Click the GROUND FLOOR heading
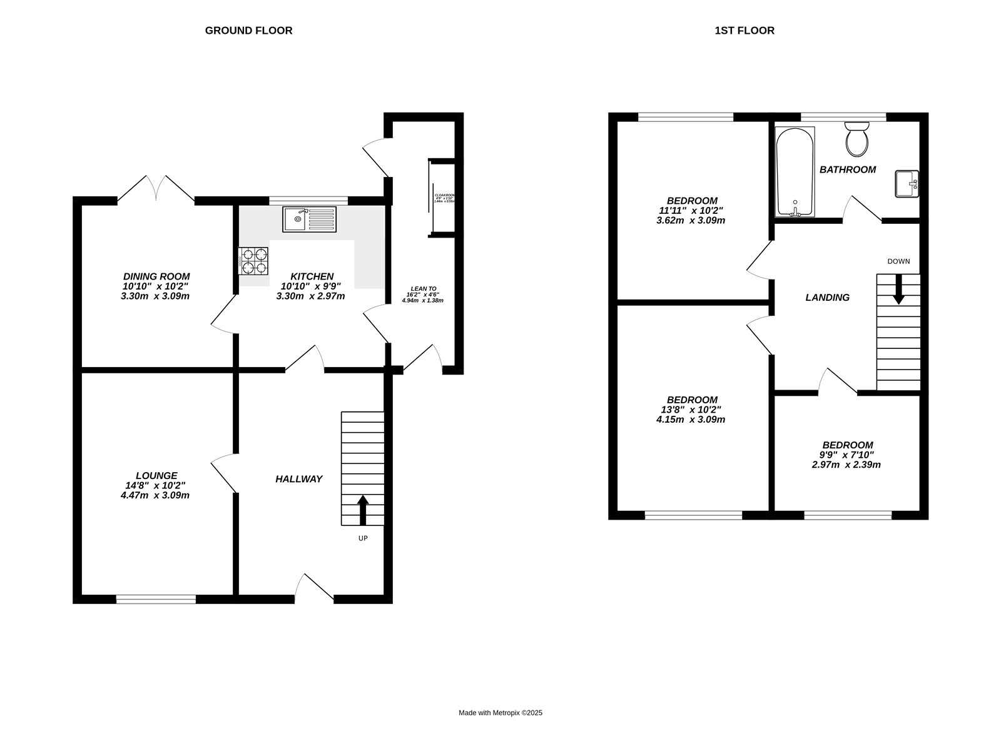pos(248,30)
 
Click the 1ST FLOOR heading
pos(744,30)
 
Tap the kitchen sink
pos(309,219)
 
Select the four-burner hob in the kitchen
pos(253,261)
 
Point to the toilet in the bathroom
pos(856,139)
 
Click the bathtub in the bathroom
pos(795,172)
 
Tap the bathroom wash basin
pos(907,183)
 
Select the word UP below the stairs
pos(363,538)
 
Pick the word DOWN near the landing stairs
pos(898,261)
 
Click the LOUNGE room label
pos(156,475)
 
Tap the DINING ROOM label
pos(156,276)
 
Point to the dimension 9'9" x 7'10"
pos(847,455)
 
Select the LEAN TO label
pos(424,288)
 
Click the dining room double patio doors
pos(156,189)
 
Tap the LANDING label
pos(827,298)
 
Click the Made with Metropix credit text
pos(500,712)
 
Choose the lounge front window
pos(156,599)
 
